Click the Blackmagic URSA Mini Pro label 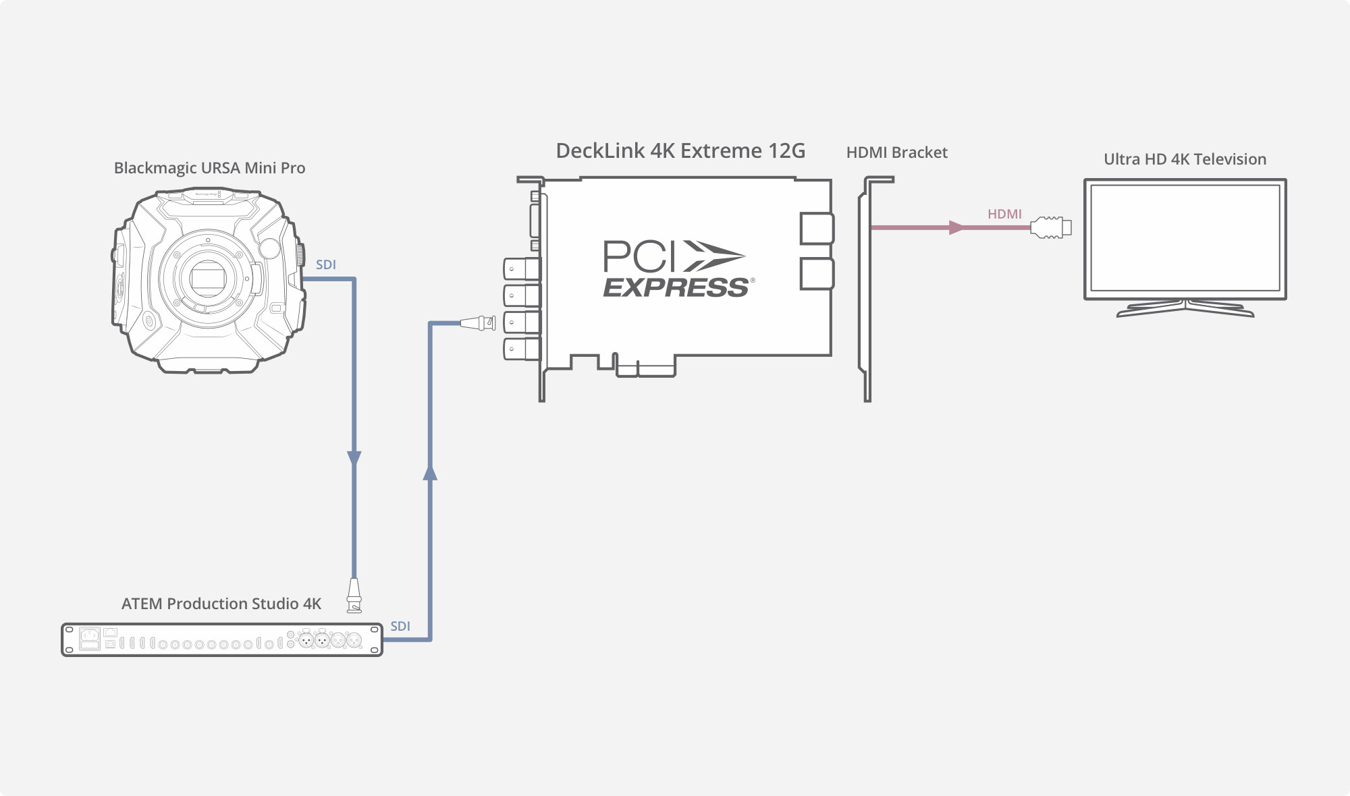(x=209, y=168)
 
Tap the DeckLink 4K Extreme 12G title (x=680, y=150)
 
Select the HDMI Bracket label (x=896, y=152)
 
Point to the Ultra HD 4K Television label (x=1185, y=159)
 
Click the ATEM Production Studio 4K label (x=221, y=604)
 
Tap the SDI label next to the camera (x=326, y=265)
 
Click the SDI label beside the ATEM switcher (x=400, y=626)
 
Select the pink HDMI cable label (x=1004, y=214)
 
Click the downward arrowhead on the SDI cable (x=354, y=459)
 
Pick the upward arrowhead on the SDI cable (x=430, y=472)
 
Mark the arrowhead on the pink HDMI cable (x=956, y=228)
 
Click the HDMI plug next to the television (x=1050, y=227)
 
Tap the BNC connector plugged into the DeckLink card (x=478, y=323)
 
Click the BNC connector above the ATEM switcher (x=354, y=595)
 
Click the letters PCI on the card (x=639, y=256)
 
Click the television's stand (x=1185, y=308)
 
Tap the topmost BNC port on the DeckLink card (x=522, y=269)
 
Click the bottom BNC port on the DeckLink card (x=522, y=349)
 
